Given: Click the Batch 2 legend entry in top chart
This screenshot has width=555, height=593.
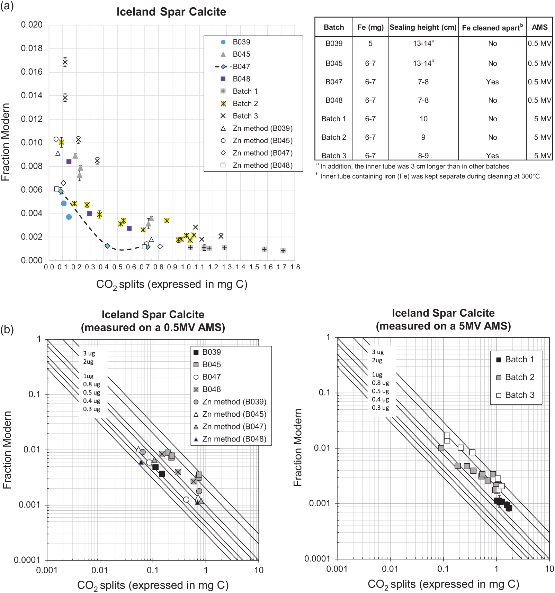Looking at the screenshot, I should tap(245, 103).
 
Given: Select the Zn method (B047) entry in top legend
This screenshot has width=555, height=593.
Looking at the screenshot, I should tap(262, 153).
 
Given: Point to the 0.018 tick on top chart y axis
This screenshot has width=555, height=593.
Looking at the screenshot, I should tap(32, 48).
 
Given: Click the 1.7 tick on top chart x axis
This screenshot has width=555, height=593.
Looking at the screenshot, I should tap(281, 267).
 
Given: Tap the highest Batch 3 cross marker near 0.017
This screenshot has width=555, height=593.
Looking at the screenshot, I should tap(65, 63).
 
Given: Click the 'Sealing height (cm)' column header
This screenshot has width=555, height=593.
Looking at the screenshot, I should tap(423, 27).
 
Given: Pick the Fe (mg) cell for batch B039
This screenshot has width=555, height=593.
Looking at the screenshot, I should tap(370, 44).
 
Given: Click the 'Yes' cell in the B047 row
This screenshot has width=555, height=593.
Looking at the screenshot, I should tap(492, 82).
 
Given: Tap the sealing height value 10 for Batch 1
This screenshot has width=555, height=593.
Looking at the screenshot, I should tap(423, 119).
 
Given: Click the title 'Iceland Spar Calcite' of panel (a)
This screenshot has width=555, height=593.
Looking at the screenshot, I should tap(171, 12).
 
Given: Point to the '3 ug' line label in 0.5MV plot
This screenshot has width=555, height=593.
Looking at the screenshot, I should tap(89, 353).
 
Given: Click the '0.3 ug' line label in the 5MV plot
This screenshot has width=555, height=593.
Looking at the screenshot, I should tap(380, 408).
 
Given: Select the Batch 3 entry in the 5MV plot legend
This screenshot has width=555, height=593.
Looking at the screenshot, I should tap(519, 395).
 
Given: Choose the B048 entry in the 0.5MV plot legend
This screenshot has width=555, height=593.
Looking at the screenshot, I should tap(211, 389).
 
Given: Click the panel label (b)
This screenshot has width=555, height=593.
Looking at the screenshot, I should tap(7, 329).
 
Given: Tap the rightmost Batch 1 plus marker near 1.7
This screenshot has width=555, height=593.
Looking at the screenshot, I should tap(283, 251).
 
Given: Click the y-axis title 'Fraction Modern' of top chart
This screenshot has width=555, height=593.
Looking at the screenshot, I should tap(6, 142).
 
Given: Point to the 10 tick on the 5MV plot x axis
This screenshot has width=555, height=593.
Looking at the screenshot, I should tap(549, 569).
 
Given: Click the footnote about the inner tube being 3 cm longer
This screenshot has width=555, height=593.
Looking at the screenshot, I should tap(414, 166).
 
